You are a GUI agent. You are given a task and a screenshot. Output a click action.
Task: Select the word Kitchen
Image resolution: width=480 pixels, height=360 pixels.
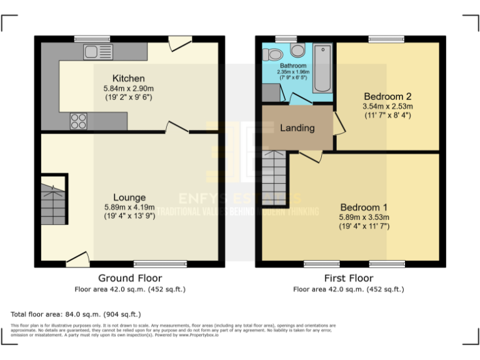128,78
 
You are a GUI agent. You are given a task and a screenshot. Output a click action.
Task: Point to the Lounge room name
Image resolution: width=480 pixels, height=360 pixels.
129,197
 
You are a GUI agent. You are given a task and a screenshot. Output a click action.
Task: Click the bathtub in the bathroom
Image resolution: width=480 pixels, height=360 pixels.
322,68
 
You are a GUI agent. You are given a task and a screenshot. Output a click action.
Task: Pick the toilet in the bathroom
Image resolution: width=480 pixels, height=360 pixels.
297,50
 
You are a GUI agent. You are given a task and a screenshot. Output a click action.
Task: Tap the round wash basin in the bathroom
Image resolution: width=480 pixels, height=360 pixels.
273,54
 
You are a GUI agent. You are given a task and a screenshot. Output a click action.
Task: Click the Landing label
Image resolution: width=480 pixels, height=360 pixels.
297,127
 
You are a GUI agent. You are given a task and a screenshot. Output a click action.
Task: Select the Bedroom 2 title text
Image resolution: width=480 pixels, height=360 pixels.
387,97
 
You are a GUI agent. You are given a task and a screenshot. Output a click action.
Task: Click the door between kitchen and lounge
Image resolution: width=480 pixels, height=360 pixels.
177,129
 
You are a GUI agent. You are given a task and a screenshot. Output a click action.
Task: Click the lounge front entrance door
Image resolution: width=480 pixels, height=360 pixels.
77,258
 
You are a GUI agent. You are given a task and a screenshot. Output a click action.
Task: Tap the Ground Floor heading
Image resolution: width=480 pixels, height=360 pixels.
130,278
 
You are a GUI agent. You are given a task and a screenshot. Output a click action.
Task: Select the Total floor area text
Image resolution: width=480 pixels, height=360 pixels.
76,314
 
